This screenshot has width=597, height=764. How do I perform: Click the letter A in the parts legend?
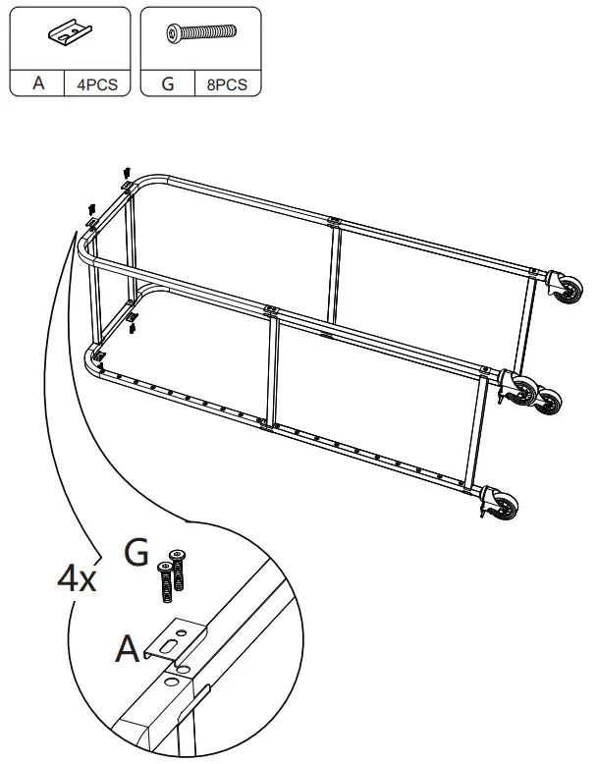tap(38, 83)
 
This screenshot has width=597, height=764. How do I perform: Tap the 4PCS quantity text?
tap(96, 84)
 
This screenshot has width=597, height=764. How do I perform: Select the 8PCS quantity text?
tap(227, 84)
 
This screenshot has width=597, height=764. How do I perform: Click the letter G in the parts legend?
tap(168, 83)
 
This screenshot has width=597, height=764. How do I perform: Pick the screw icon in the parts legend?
tap(200, 34)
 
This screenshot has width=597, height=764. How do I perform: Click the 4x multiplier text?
tap(76, 577)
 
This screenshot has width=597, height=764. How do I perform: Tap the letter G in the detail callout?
tap(136, 553)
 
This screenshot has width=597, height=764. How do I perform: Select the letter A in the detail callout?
tap(128, 648)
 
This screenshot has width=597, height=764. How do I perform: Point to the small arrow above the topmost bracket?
tap(127, 173)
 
